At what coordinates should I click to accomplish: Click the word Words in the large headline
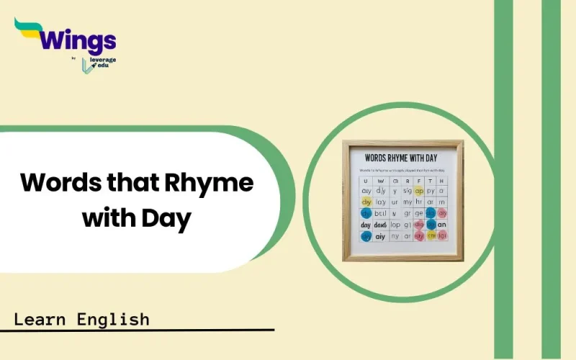pos(58,183)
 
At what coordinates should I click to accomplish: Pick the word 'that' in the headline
pos(135,183)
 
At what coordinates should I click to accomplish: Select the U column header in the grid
pos(366,180)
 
